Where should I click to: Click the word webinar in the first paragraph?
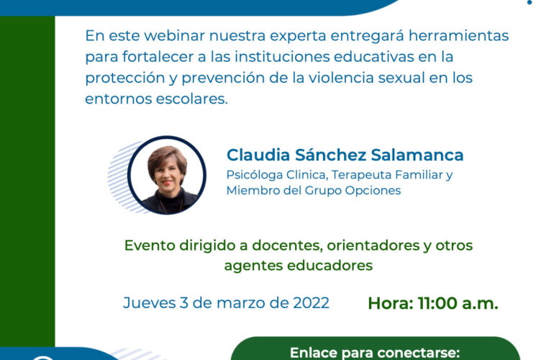coord(175,36)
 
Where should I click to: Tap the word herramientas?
coord(458,36)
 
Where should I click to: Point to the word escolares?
coord(192,99)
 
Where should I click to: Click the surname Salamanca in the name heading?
coord(417,155)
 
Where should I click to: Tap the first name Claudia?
coord(258,155)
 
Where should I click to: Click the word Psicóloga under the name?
coord(255,175)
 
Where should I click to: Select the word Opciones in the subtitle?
coord(373,191)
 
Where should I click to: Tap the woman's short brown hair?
coord(167,158)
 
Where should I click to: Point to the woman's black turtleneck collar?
coord(169,195)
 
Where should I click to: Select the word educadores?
coord(330,265)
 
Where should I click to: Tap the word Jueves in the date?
coord(149,302)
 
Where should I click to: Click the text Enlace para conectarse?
coord(375,353)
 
